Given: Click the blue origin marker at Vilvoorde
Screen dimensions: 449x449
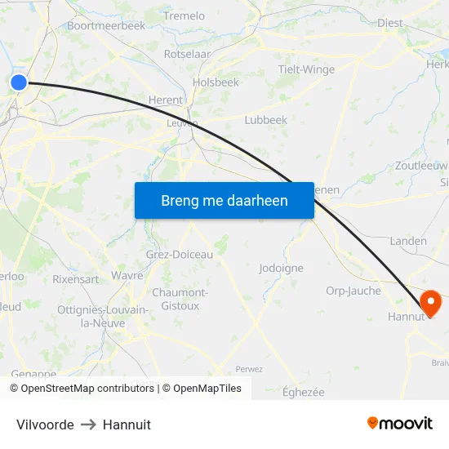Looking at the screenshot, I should [18, 82].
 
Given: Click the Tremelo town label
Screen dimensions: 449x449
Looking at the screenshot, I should [184, 16].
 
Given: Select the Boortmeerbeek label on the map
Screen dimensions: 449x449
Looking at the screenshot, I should [106, 25].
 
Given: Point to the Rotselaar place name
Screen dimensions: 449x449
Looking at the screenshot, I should [187, 54].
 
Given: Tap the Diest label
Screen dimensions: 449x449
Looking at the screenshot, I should [390, 23].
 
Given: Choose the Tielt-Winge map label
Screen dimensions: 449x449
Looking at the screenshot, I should [306, 69].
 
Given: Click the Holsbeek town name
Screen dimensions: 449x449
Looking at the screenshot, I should [216, 82].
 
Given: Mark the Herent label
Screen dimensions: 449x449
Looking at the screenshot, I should [166, 100].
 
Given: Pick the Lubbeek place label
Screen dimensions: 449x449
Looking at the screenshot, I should [266, 120].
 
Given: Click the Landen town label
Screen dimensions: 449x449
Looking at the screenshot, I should [408, 241].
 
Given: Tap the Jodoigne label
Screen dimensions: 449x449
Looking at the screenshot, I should [281, 268].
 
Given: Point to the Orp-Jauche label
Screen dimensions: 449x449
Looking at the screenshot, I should [353, 291].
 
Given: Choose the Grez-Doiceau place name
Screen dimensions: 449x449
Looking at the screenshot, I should [180, 255].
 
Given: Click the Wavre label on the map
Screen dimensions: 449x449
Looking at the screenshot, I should [127, 276].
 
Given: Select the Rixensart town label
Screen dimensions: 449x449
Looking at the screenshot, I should [76, 278].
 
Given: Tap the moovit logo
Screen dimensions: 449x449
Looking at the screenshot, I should [400, 423].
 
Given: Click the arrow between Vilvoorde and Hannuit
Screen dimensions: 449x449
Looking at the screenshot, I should [88, 425].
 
